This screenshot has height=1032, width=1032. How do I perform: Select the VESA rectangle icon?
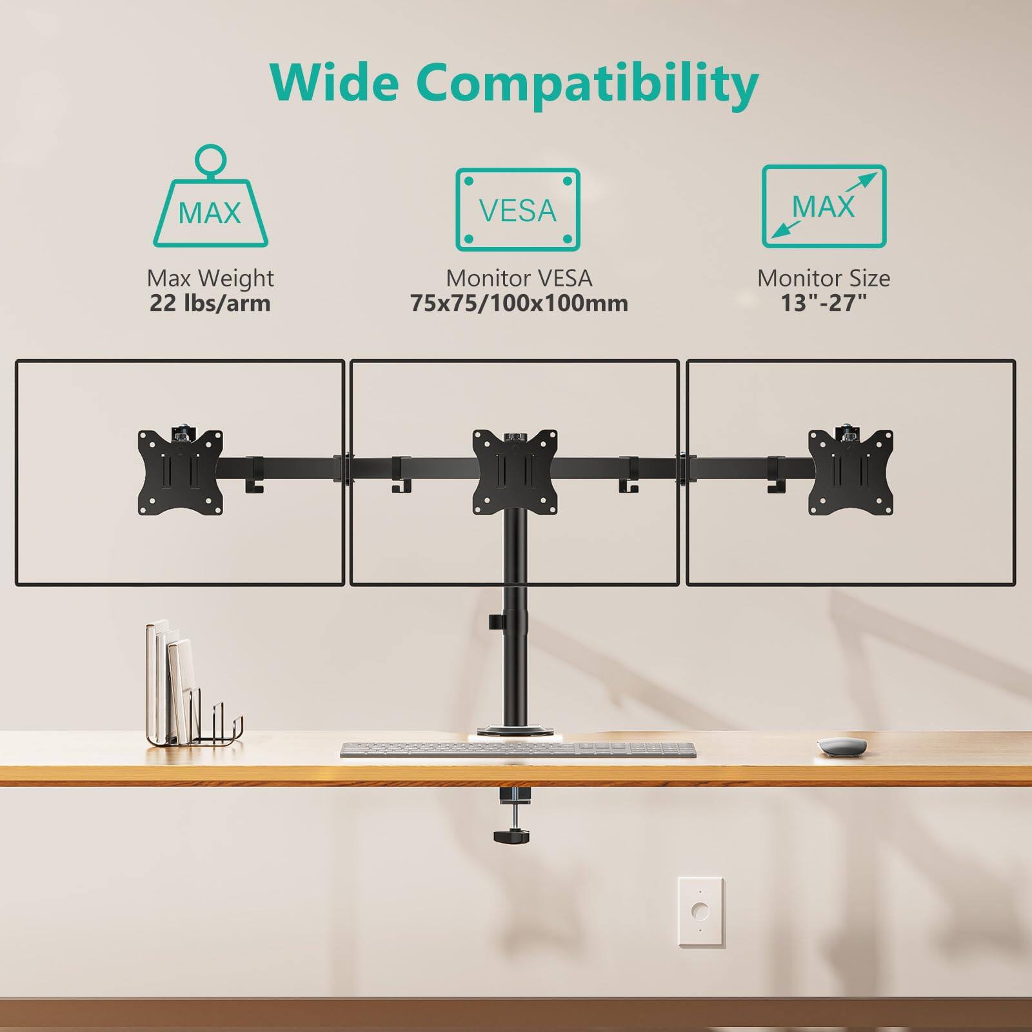(x=518, y=210)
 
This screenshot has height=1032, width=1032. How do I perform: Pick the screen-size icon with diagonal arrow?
(x=824, y=206)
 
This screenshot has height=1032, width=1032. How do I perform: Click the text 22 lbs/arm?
(x=210, y=303)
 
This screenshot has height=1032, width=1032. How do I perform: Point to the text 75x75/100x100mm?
(x=519, y=303)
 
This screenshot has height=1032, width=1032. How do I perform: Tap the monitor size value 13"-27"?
(x=824, y=303)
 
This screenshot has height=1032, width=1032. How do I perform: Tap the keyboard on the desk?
(x=518, y=749)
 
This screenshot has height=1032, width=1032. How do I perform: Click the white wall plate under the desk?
(x=700, y=911)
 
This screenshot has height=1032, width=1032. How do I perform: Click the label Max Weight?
(x=210, y=278)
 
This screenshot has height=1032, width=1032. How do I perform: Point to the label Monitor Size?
(x=824, y=278)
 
